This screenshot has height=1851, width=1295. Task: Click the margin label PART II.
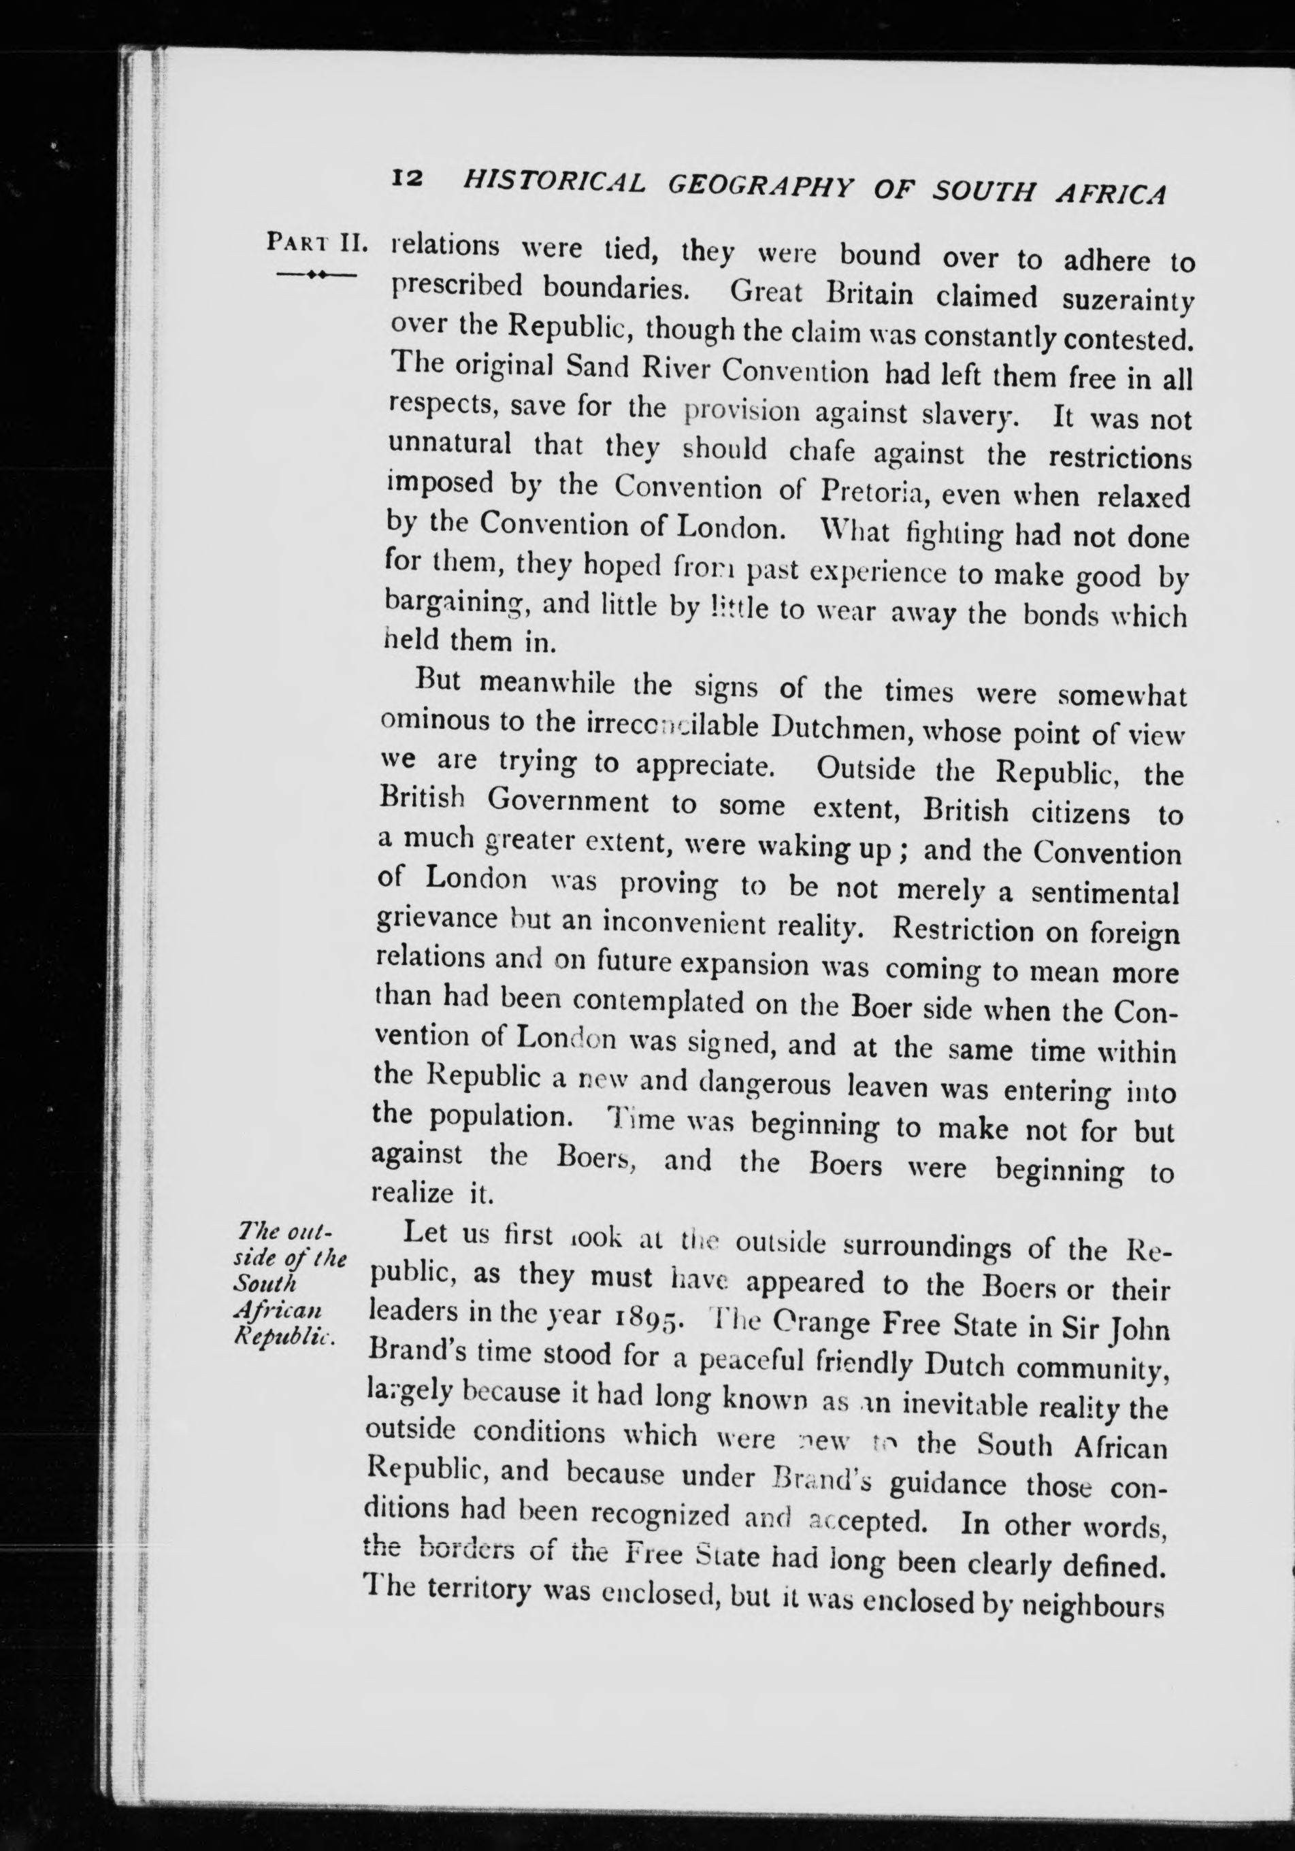click(318, 242)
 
